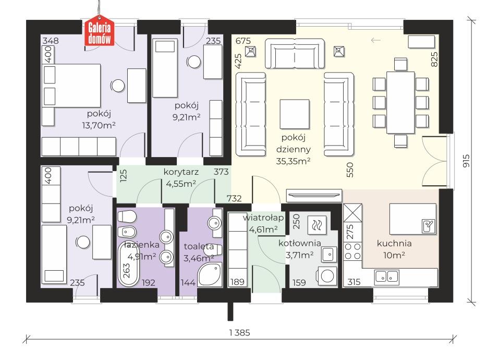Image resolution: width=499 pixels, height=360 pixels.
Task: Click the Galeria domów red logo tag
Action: tap(99, 31)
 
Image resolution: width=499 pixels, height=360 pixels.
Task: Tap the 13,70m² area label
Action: tap(99, 125)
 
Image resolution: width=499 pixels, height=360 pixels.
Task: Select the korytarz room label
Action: tap(181, 172)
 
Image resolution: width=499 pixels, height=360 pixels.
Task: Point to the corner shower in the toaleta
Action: tap(210, 274)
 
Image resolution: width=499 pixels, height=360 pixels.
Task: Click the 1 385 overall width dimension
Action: tap(240, 333)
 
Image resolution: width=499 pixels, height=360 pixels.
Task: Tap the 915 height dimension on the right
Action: tap(466, 161)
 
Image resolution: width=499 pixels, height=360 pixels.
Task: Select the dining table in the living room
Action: tap(400, 102)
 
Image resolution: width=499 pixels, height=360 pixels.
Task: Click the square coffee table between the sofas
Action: tap(295, 114)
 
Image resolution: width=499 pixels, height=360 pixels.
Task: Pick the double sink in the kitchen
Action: tap(387, 277)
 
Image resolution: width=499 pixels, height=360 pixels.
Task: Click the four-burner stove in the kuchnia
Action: tap(353, 251)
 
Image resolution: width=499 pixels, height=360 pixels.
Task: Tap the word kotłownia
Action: tap(299, 244)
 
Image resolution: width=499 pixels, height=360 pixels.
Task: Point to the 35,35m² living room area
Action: tap(293, 161)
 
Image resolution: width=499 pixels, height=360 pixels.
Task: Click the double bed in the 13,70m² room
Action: tap(71, 86)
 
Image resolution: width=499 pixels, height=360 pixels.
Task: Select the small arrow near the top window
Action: tap(376, 40)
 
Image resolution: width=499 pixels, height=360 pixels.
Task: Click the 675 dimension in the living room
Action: tap(243, 41)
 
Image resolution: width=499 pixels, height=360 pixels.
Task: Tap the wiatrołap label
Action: tap(263, 218)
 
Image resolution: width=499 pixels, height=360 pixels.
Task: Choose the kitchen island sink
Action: tap(428, 226)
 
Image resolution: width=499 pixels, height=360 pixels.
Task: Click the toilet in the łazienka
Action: tap(127, 217)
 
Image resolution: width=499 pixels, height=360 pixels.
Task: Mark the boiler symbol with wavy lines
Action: tap(317, 225)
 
